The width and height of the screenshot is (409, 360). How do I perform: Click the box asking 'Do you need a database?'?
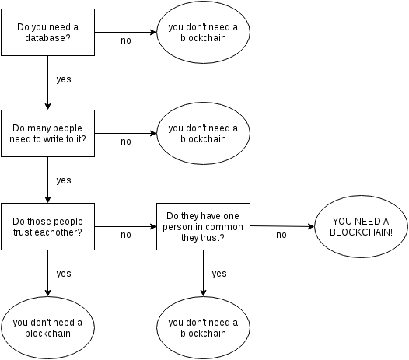tap(47, 33)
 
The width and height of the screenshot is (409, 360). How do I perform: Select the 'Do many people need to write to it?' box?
tap(47, 133)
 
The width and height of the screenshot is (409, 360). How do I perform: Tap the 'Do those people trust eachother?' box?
tap(47, 226)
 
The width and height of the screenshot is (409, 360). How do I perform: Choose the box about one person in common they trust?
tap(203, 226)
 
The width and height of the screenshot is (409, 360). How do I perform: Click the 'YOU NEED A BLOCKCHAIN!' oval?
tap(361, 227)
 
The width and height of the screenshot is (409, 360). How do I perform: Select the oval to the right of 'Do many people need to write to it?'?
tap(203, 134)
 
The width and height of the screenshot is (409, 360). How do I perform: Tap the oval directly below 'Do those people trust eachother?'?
tap(47, 327)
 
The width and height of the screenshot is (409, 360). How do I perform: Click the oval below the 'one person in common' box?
tap(203, 327)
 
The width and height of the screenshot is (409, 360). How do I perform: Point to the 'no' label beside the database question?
tap(125, 40)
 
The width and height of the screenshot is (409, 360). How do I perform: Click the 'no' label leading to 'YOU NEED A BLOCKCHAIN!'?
tap(281, 234)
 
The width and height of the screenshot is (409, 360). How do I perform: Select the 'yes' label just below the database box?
tap(64, 79)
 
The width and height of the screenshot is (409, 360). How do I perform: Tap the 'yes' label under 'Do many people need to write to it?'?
tap(64, 180)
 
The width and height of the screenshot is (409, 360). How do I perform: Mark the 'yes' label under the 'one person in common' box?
tap(219, 274)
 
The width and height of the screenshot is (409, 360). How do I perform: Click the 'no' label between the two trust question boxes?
tap(125, 234)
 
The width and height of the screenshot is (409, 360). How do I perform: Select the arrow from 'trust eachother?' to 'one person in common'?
tap(125, 226)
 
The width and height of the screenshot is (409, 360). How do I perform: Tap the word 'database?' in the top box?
tap(47, 38)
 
